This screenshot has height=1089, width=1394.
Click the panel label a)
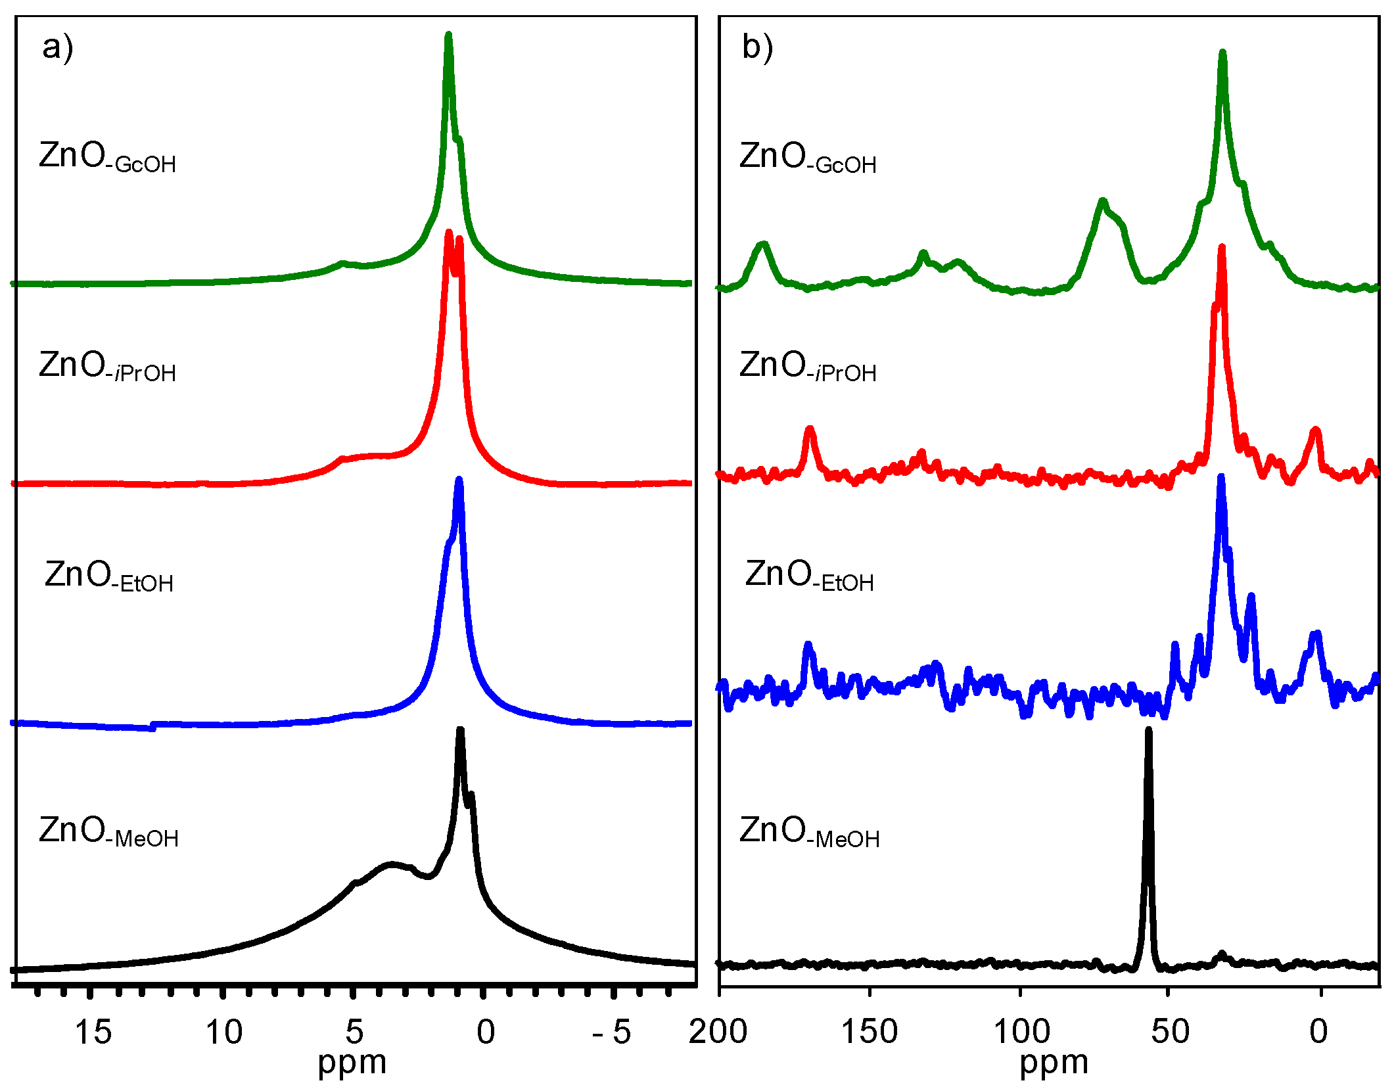58,47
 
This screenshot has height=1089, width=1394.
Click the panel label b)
757,47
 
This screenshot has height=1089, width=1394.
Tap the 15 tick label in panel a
93,1032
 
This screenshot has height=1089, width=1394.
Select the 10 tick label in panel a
224,1032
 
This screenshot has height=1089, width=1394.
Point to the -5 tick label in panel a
612,1032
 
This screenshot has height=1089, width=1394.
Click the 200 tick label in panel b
718,1032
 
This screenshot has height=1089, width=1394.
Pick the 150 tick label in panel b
870,1032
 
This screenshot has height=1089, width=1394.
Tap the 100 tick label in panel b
1020,1032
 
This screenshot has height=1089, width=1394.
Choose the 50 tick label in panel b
1170,1032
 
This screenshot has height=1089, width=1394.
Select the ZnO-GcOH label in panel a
107,158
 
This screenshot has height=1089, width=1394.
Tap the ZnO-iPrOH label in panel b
808,367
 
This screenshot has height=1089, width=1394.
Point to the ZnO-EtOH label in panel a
109,576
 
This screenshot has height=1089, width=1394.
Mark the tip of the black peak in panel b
1149,731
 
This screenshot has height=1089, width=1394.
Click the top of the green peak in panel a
448,35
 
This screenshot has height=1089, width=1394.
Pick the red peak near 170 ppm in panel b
810,430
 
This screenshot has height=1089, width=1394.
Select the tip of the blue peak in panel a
459,480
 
